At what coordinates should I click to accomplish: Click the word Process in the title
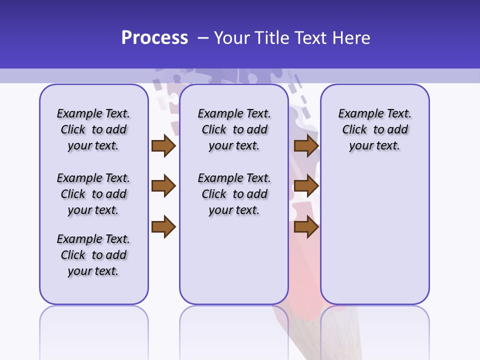(154, 38)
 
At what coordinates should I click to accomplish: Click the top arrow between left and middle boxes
(163, 146)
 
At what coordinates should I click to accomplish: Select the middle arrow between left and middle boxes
(163, 186)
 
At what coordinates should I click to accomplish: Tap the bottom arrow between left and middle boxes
(163, 227)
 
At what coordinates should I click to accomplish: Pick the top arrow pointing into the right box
(306, 146)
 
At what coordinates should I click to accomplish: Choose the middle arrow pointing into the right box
(306, 186)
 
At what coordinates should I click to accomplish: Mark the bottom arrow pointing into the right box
(306, 227)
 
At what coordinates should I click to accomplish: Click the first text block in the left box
(93, 129)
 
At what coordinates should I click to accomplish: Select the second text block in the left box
(93, 194)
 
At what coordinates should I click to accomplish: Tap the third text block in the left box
(93, 255)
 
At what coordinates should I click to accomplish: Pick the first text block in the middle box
(234, 129)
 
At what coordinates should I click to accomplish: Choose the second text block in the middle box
(234, 194)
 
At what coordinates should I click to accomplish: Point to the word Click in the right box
(354, 130)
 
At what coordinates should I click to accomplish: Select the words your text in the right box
(374, 146)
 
